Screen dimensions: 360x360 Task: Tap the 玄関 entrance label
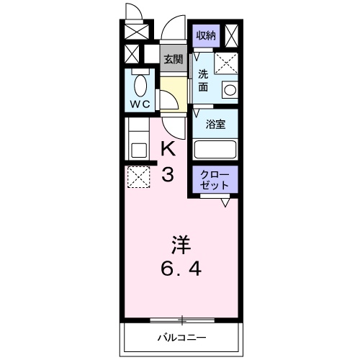pos(171,60)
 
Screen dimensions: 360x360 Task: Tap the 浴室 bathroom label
pos(215,124)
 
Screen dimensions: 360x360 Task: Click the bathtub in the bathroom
pos(216,150)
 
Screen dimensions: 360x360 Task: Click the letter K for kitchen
pos(167,149)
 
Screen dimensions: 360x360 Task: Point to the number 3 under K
pos(167,175)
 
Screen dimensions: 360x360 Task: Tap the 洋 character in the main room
pos(180,244)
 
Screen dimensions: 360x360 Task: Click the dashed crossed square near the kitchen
pos(138,176)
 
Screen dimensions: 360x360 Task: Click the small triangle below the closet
pos(225,203)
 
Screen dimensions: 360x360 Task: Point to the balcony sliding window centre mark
pos(183,320)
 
